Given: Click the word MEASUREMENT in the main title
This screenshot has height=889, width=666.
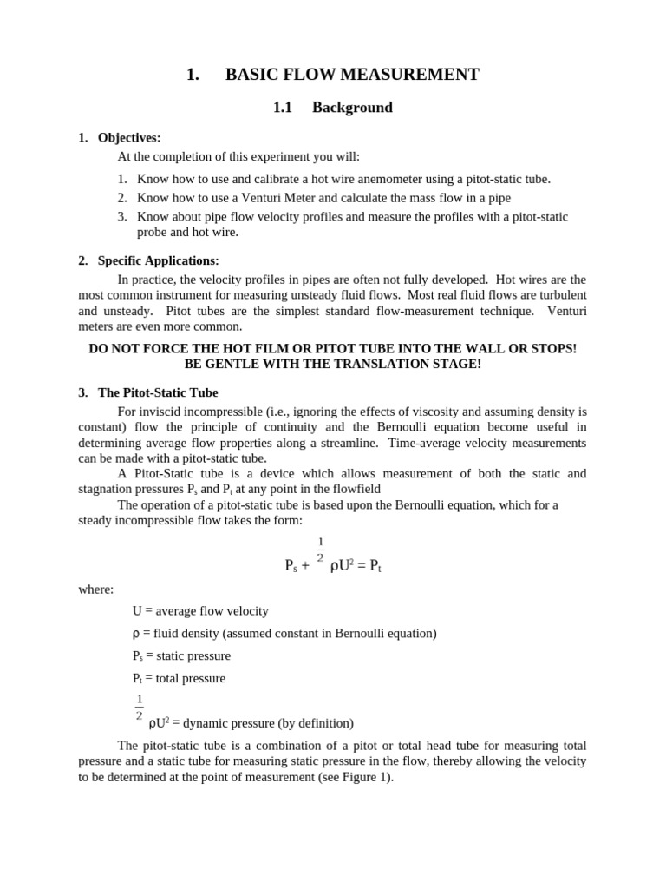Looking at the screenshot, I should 410,75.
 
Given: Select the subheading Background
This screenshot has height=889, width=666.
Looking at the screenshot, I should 352,108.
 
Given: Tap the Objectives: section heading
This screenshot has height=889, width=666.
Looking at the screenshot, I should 129,137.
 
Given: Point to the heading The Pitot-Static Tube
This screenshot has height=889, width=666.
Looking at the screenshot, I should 158,392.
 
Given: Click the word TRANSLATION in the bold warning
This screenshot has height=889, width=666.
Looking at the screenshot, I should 384,364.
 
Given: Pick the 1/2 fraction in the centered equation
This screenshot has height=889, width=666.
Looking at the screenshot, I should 320,550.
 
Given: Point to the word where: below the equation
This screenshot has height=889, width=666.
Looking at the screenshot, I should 95,589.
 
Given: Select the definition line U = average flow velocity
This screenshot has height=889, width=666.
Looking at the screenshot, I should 200,610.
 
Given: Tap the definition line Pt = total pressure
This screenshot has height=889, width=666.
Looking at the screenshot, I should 179,678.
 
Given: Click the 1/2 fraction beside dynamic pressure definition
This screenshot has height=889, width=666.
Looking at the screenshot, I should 139,708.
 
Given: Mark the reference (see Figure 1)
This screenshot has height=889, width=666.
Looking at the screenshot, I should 354,777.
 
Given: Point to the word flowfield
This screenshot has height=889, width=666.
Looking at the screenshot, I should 354,489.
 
